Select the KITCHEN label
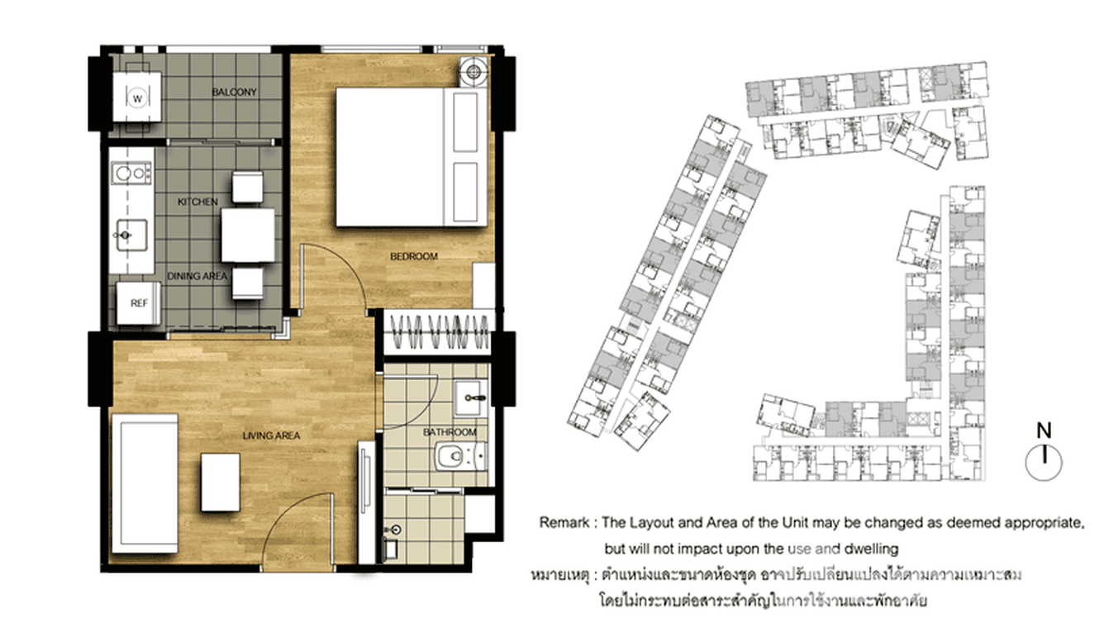pyautogui.click(x=198, y=202)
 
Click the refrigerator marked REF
pyautogui.click(x=138, y=304)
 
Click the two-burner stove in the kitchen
pyautogui.click(x=131, y=174)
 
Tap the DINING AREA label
pyautogui.click(x=197, y=277)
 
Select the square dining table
pyautogui.click(x=248, y=235)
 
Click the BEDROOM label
pyautogui.click(x=413, y=257)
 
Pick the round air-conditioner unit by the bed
pyautogui.click(x=474, y=72)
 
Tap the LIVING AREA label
pyautogui.click(x=271, y=435)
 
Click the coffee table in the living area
pyautogui.click(x=220, y=482)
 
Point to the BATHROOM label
pyautogui.click(x=450, y=432)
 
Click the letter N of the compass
pyautogui.click(x=1045, y=430)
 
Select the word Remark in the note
pyautogui.click(x=564, y=523)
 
